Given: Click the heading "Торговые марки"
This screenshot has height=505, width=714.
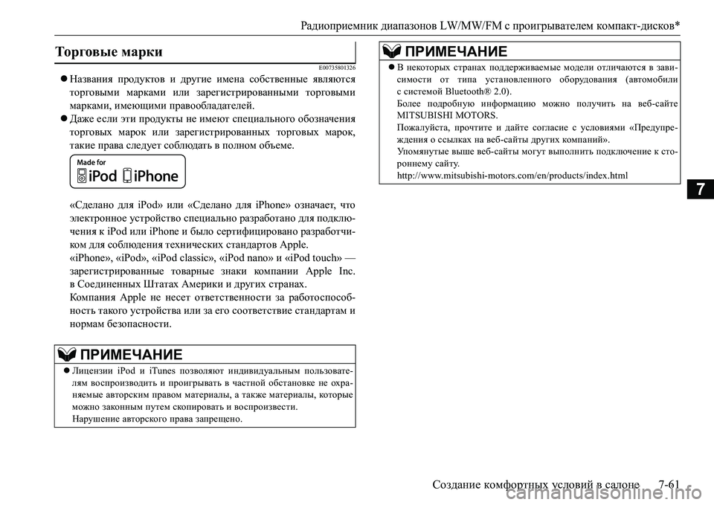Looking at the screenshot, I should coord(109,51).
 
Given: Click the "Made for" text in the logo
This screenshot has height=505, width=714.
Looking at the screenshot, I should coord(91,161).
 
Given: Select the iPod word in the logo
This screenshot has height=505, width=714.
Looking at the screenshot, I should coord(103,176).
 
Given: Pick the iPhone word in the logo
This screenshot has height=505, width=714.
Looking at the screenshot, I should coord(157,176).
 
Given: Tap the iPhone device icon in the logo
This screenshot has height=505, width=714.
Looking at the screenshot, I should coord(128,176).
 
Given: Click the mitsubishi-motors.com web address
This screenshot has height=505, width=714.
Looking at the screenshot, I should coord(513,176).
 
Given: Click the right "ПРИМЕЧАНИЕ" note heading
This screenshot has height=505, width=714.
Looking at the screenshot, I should coord(454,51).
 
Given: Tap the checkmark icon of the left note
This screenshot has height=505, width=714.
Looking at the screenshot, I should coord(66,353).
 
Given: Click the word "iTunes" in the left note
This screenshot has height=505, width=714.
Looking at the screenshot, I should coord(164,369).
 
